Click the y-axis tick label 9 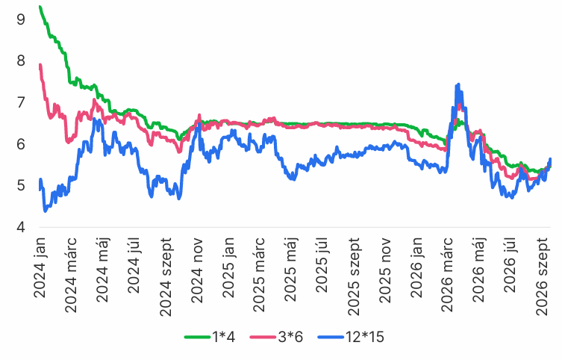(x=21, y=19)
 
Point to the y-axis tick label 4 (x=21, y=227)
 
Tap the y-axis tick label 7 (x=21, y=102)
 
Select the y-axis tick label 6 (x=21, y=144)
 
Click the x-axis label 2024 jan (x=40, y=267)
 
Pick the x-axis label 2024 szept (x=166, y=277)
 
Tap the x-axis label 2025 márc (x=259, y=275)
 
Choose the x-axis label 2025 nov (x=384, y=270)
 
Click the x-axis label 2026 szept (x=543, y=276)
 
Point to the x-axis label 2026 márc (x=447, y=275)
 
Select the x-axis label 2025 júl (x=322, y=264)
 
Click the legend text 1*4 (x=224, y=337)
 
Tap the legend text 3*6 (x=290, y=337)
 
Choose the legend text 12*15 (x=364, y=337)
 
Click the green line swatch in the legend (x=198, y=337)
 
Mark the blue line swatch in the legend (x=331, y=337)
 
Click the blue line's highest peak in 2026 (x=458, y=84)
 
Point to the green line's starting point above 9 (x=40, y=7)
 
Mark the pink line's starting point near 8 (x=40, y=65)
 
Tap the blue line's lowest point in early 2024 (x=46, y=211)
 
